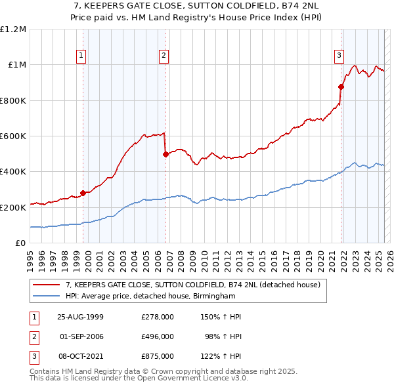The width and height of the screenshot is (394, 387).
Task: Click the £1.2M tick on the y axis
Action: click(13, 30)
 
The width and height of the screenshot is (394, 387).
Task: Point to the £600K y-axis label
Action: click(13, 136)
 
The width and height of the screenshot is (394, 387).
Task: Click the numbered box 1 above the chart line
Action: click(81, 56)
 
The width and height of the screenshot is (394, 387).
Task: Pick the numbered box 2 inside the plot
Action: click(163, 56)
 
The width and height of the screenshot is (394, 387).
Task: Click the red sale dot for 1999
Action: click(83, 193)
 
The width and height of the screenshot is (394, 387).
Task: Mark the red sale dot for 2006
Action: click(165, 155)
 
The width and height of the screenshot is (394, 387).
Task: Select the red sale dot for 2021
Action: click(341, 87)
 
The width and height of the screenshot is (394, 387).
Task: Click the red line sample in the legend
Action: click(47, 285)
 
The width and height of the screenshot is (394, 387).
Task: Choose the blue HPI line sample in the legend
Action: click(47, 296)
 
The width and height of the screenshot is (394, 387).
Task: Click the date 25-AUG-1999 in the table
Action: click(81, 317)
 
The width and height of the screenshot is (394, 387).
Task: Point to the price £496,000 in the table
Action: click(157, 336)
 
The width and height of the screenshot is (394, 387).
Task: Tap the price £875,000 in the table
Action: click(157, 356)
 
